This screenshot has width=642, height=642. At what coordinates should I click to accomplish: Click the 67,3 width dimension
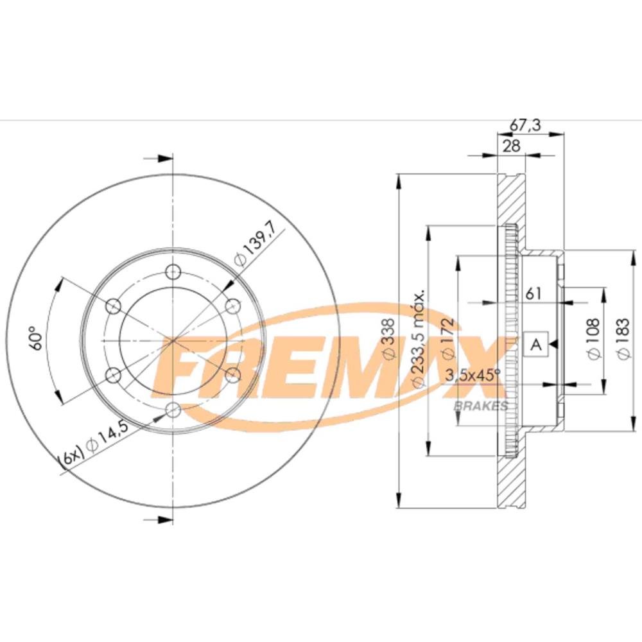pyautogui.click(x=525, y=125)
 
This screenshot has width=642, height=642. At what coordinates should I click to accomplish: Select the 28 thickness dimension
pyautogui.click(x=511, y=146)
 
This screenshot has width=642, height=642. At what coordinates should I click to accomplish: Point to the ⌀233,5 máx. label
pyautogui.click(x=419, y=338)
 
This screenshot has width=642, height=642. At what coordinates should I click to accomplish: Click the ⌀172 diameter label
pyautogui.click(x=448, y=338)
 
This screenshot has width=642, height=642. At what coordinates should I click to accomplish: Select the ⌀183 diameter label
pyautogui.click(x=622, y=338)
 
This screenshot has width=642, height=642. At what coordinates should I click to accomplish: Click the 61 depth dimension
pyautogui.click(x=534, y=293)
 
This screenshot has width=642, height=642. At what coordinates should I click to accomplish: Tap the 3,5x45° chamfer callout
pyautogui.click(x=473, y=375)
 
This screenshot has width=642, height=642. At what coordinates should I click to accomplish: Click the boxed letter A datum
pyautogui.click(x=535, y=344)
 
